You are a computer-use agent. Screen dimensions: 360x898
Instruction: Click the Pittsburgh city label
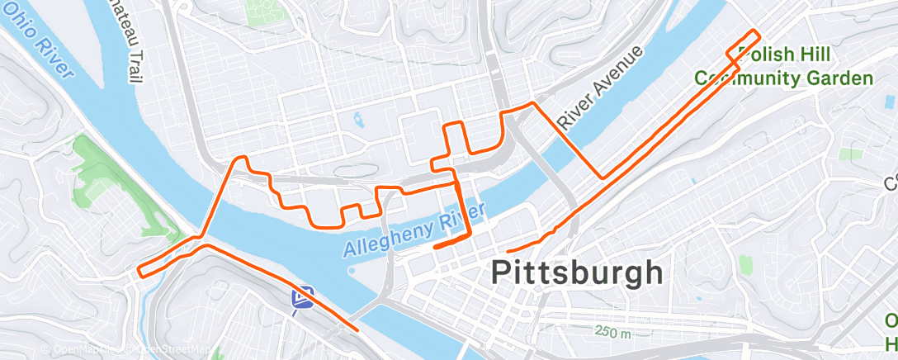click(x=577, y=272)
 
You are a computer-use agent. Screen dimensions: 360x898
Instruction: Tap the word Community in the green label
click(x=746, y=79)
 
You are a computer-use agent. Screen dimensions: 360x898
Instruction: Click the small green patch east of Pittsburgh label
click(x=746, y=264)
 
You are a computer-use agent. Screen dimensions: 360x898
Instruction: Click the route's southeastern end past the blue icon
click(x=357, y=330)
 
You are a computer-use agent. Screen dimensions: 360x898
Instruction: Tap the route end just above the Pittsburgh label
click(x=508, y=250)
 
